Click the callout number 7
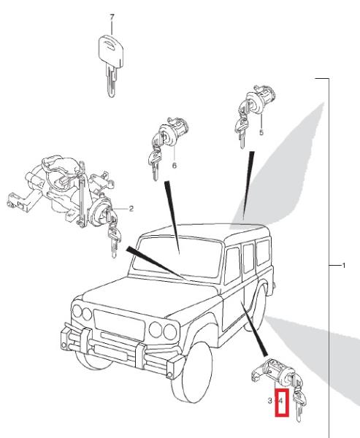coord(112,18)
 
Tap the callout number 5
coord(261,132)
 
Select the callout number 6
coord(175,166)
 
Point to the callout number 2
coord(131,209)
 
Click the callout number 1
coord(344,266)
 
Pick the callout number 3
coord(269,401)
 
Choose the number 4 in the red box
coord(281,401)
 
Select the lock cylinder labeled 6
coord(174,131)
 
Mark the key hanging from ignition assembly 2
coord(114,237)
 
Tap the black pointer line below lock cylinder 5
coord(248,185)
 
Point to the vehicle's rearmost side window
coord(263,253)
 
